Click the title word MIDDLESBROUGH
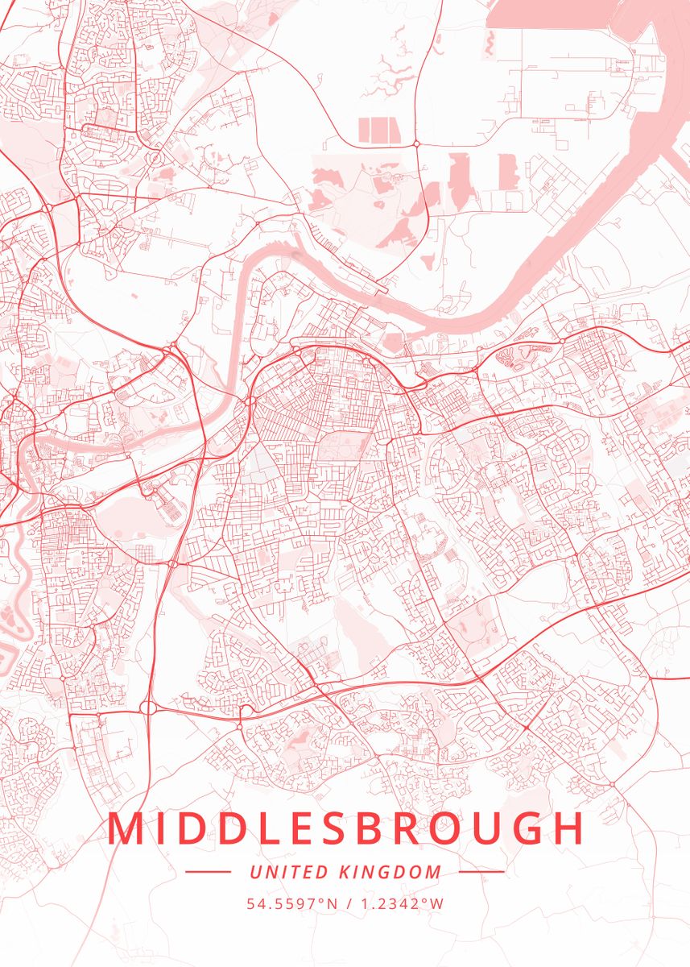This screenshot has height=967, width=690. click(345, 829)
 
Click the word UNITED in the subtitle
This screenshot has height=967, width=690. click(279, 872)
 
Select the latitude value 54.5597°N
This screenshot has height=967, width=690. click(292, 903)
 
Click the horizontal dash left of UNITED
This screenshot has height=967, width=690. click(208, 871)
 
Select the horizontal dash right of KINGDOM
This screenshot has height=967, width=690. click(482, 871)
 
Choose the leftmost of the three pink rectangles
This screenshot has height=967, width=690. click(363, 130)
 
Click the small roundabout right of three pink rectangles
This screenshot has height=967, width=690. click(416, 143)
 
